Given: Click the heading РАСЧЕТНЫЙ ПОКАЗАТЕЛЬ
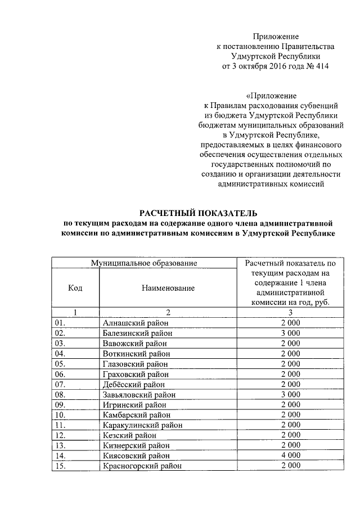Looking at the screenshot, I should [197, 213].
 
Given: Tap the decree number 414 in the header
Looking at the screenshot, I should [319, 66].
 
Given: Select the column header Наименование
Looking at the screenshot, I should [168, 288].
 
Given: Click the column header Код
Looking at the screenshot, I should [75, 288].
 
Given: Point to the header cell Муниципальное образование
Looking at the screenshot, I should [145, 263].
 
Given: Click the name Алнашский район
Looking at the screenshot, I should [136, 323].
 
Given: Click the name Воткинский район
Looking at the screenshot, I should [136, 354].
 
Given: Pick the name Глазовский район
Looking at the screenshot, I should [136, 364].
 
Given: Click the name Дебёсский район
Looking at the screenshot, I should [134, 385].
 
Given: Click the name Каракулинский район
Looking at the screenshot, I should [143, 425].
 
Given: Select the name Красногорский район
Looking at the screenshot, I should [142, 466].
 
